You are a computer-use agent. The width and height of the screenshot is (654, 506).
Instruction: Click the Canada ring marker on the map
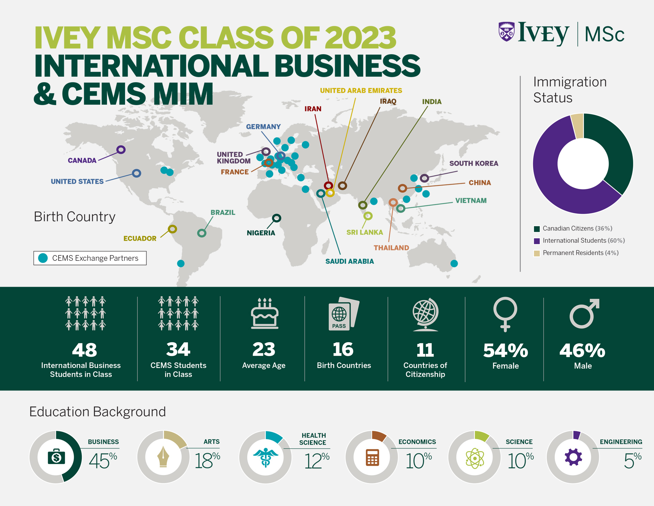[x=121, y=150]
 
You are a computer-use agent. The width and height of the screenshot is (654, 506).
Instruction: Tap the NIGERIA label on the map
[x=261, y=233]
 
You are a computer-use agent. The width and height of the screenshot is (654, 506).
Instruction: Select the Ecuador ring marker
[x=172, y=229]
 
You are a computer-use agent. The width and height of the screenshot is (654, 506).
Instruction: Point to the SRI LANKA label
[x=364, y=232]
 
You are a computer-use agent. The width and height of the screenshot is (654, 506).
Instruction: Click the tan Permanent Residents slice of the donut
[x=577, y=125]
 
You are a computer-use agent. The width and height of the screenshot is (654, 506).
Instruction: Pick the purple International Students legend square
[x=537, y=241]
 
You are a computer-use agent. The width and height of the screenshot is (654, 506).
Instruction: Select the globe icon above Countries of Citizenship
[x=425, y=314]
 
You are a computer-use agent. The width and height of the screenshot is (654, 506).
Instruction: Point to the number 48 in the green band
[x=84, y=350]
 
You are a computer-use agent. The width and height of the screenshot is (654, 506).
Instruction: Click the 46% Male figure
[x=582, y=351]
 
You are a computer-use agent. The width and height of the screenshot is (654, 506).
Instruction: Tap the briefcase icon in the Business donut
[x=56, y=457]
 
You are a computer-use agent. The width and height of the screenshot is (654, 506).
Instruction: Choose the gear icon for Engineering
[x=573, y=457]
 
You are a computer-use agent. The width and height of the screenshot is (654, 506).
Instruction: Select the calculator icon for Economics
[x=372, y=457]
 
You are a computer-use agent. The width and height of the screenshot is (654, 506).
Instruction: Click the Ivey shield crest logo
[x=507, y=32]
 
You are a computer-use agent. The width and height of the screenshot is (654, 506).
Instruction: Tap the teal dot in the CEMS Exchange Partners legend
[x=43, y=258]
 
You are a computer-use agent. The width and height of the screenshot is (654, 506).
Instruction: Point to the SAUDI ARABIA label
[x=349, y=262]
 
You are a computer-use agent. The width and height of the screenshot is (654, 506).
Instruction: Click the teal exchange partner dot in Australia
[x=454, y=263]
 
